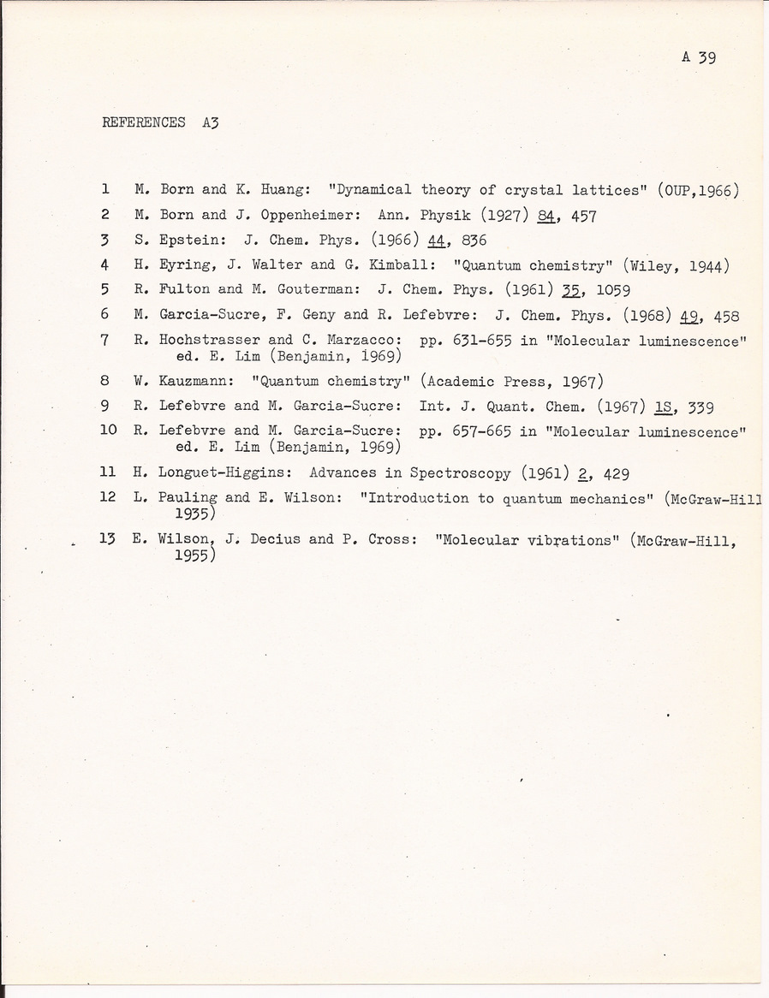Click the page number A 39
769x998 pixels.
click(x=699, y=57)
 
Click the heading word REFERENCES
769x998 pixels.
click(x=143, y=122)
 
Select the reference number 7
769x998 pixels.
click(x=104, y=340)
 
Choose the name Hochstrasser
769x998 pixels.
click(x=210, y=340)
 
